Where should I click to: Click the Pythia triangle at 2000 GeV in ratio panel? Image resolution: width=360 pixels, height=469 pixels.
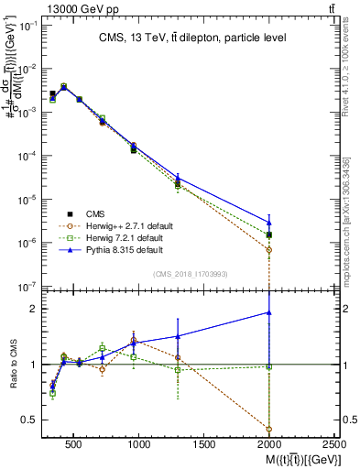pyautogui.click(x=269, y=312)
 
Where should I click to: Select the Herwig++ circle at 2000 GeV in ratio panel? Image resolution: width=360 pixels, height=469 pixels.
pyautogui.click(x=269, y=429)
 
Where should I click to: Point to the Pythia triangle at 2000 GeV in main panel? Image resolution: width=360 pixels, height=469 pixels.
pyautogui.click(x=269, y=222)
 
